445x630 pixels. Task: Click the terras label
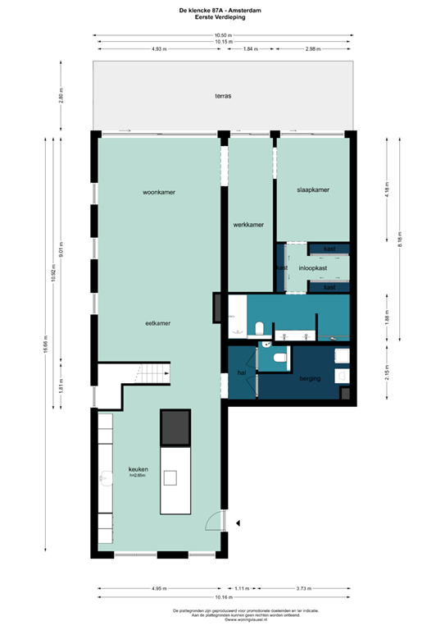tap(223, 96)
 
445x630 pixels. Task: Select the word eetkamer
tap(157, 323)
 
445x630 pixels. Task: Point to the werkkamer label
tap(247, 224)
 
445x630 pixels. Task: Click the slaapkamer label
tap(313, 189)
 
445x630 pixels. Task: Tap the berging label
tap(310, 378)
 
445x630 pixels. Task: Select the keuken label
tap(138, 468)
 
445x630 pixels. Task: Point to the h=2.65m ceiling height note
tap(138, 476)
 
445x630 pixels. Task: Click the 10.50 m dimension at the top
tap(223, 35)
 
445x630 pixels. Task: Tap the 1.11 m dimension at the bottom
tap(242, 588)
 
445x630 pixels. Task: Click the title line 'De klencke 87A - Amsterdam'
tap(223, 9)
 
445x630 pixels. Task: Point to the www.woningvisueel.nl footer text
tap(223, 619)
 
